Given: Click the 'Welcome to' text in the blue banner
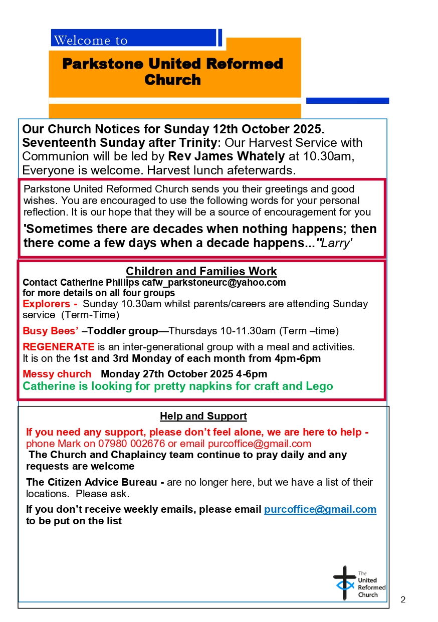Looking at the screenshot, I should coord(91,40).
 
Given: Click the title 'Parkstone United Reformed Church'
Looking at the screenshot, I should coord(172,72).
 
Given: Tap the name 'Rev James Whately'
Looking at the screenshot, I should coord(226,156).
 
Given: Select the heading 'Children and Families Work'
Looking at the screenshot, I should coord(201,271).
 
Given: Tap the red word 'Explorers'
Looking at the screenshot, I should coord(46,304).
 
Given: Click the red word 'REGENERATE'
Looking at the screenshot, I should coord(58,347).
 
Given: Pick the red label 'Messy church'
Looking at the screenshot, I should coord(57,374).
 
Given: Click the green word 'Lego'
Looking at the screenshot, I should coord(320,386).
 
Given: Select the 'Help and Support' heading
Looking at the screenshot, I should coord(203,416).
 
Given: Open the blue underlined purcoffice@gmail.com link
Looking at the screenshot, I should coord(320,509).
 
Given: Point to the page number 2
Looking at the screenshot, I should coord(403,599).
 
